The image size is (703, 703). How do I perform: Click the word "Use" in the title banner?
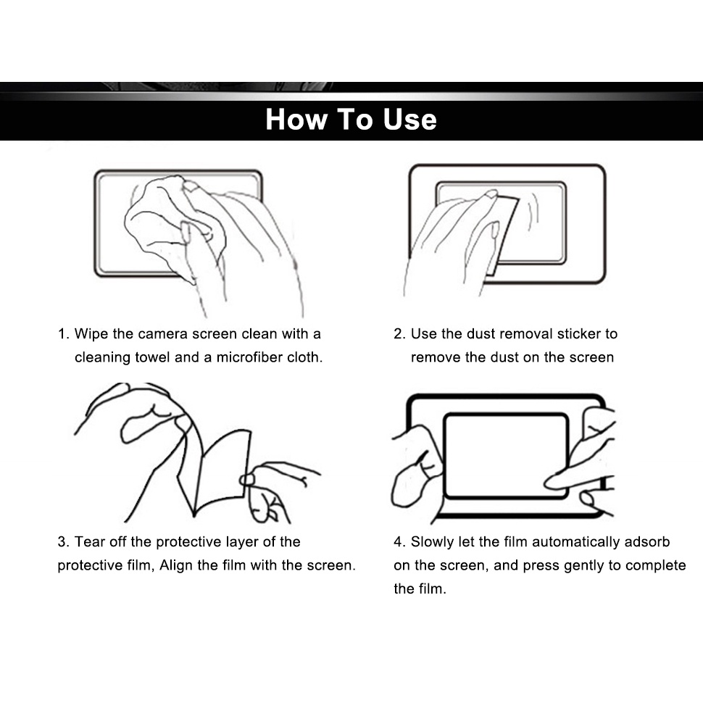(409, 120)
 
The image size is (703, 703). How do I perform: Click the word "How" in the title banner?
(296, 120)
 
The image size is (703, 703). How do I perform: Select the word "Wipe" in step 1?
(91, 334)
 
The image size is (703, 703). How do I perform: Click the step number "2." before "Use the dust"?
(399, 334)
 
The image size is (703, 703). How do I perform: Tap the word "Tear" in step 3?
(90, 541)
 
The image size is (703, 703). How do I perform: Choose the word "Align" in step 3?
(176, 565)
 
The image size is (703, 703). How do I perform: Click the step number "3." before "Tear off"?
(63, 541)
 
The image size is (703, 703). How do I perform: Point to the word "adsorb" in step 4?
(647, 542)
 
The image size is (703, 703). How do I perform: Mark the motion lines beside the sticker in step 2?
(532, 210)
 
